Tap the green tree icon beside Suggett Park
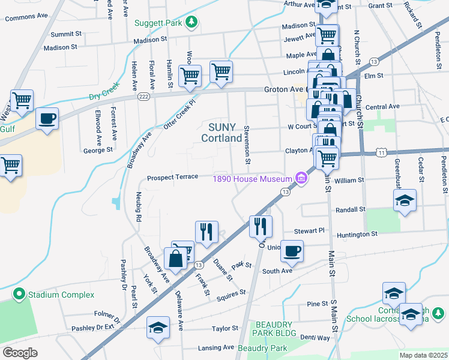(x=191, y=23)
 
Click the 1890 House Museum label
(x=252, y=178)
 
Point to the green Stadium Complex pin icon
(x=19, y=295)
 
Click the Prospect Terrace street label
(x=172, y=178)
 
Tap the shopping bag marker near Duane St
(x=176, y=259)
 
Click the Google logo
(x=20, y=352)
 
